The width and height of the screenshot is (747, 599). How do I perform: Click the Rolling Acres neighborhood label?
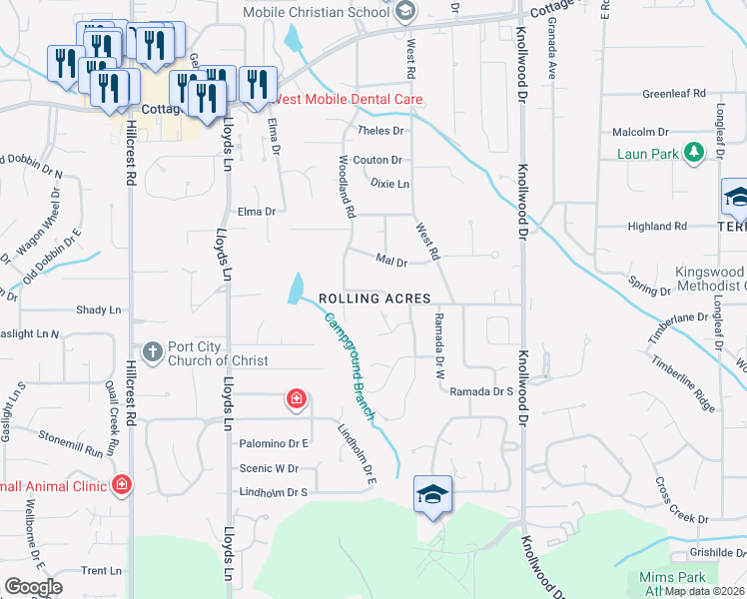[374, 299]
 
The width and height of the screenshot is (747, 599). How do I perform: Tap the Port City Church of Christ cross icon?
[152, 350]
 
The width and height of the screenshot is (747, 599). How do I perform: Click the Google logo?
[33, 587]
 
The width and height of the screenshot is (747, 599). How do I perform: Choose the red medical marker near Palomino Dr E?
[296, 400]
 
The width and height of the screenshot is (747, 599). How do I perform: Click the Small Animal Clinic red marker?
[121, 485]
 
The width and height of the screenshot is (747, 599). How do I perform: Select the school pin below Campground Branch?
[433, 494]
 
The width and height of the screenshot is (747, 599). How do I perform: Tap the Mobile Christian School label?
[317, 12]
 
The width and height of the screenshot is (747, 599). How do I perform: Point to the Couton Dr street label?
[376, 160]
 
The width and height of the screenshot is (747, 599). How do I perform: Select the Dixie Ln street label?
[389, 185]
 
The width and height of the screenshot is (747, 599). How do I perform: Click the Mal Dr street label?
[390, 262]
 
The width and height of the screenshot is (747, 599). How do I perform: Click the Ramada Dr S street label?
[480, 391]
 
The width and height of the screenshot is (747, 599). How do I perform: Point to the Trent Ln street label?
[101, 571]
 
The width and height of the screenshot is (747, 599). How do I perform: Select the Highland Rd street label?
[657, 227]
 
